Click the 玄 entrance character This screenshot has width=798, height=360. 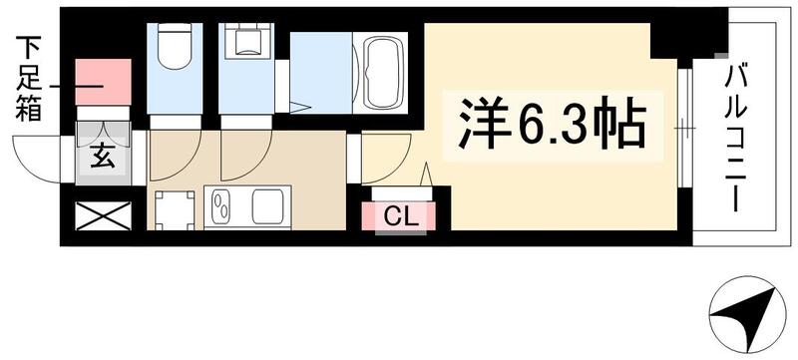pyautogui.click(x=103, y=157)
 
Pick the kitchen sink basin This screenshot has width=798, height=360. pyautogui.click(x=270, y=207)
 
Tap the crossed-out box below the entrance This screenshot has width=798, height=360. pyautogui.click(x=105, y=214)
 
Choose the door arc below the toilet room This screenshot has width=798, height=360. pyautogui.click(x=180, y=155)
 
